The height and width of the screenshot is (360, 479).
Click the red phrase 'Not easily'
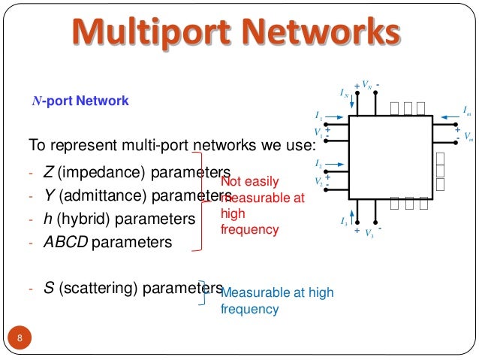pyautogui.click(x=251, y=182)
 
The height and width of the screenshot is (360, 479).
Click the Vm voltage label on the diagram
pyautogui.click(x=468, y=137)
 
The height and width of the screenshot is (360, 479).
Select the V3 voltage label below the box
pyautogui.click(x=369, y=234)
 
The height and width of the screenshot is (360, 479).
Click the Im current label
pyautogui.click(x=467, y=110)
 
